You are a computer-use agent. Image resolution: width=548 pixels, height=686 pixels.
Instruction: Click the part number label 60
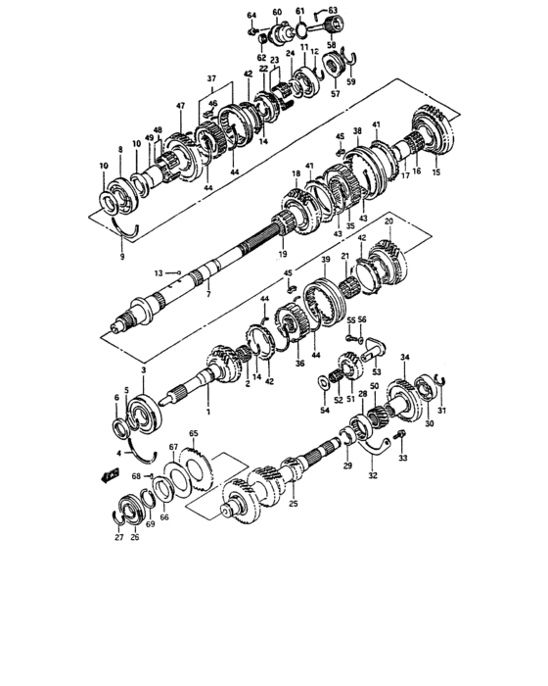pos(277,12)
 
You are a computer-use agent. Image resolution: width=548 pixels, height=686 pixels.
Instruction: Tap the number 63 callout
pos(332,10)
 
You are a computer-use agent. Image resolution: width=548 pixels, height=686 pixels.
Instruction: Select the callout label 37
pos(211,78)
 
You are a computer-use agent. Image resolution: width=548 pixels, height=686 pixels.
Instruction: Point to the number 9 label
pos(122,257)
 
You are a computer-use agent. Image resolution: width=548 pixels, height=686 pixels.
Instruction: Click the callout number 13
pos(159,273)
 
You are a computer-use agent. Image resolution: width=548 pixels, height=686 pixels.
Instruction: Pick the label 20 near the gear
pos(388,221)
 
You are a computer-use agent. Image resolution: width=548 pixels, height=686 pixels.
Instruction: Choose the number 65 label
pos(194,433)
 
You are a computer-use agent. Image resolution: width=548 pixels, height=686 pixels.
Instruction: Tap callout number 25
pos(294,504)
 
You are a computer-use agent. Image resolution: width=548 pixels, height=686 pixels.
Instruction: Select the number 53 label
pos(377,371)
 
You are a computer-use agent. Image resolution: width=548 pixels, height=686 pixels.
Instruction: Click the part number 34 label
pos(405,358)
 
